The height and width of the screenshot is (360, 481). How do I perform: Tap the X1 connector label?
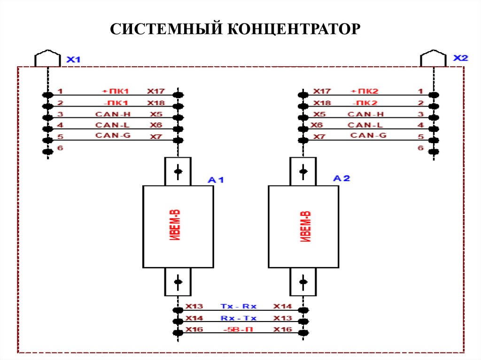[x=73, y=60]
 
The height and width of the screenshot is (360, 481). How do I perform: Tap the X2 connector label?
[x=460, y=58]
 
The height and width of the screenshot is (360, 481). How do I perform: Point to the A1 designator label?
[x=217, y=180]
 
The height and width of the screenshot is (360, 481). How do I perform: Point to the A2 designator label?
[x=341, y=178]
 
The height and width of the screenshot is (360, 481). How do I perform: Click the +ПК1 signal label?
[x=112, y=91]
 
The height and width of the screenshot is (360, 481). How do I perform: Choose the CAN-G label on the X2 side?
[x=368, y=136]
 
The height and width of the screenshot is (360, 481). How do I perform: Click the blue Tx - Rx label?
[x=238, y=306]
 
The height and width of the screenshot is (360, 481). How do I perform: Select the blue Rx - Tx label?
[x=238, y=318]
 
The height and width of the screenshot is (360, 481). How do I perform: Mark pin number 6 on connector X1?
[x=60, y=148]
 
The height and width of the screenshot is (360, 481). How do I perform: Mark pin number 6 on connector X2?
[x=420, y=148]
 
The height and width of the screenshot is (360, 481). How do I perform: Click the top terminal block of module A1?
[x=178, y=171]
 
